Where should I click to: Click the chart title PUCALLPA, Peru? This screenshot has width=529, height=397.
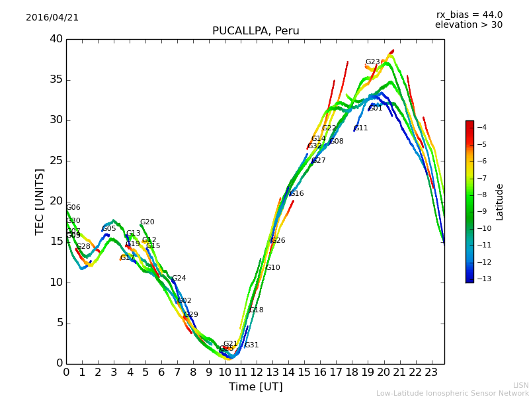(x=255, y=31)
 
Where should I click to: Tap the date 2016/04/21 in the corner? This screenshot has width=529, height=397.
(x=52, y=18)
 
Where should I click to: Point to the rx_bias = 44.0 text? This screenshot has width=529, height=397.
(x=469, y=15)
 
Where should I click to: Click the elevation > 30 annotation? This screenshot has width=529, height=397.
(x=468, y=25)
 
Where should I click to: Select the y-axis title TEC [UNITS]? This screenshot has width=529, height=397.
(x=40, y=201)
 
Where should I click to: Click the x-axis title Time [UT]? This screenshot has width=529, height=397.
(x=255, y=387)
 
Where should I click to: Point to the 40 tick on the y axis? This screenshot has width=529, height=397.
(x=56, y=39)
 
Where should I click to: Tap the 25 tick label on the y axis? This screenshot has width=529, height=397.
(x=56, y=161)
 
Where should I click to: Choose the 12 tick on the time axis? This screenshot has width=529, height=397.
(x=257, y=373)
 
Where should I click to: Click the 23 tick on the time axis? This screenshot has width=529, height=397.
(x=431, y=373)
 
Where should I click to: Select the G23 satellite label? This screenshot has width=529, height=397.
(x=373, y=62)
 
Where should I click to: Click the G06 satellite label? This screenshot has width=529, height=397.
(x=73, y=208)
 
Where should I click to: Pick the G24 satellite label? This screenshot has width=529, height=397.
(x=179, y=279)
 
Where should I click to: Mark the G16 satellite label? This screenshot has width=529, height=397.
(x=297, y=194)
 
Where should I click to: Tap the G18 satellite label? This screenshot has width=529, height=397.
(x=257, y=310)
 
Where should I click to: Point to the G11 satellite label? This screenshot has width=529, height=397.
(x=361, y=128)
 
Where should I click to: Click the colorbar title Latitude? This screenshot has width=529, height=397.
(x=500, y=202)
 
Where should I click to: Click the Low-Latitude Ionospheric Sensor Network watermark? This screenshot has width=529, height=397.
(x=452, y=394)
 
